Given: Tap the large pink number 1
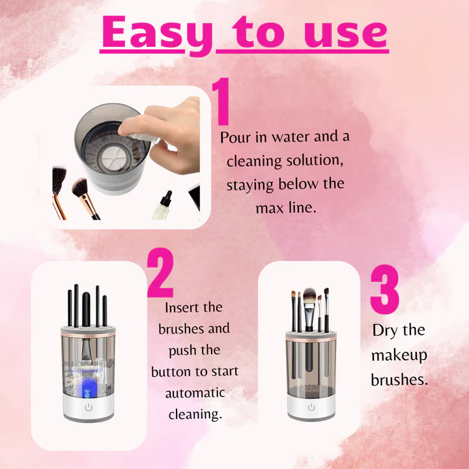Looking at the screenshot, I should tap(222, 103).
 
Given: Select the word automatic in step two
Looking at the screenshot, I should tap(195, 393).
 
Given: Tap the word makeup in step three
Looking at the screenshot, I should tap(399, 355).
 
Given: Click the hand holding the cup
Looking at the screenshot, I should tap(171, 134).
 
